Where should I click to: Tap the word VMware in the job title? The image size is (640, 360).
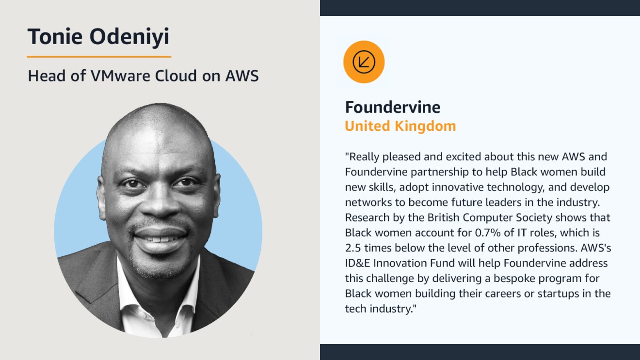point(120,76)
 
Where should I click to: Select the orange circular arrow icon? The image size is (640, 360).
point(364,62)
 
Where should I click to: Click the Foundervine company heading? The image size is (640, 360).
point(393,108)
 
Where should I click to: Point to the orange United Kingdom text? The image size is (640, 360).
point(400,126)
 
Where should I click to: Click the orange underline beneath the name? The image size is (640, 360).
point(99,57)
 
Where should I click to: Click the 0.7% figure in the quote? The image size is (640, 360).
point(487,233)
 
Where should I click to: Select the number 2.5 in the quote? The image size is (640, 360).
point(353,248)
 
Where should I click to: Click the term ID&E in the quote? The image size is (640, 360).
point(357,263)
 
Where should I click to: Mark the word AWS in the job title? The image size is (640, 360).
point(242,76)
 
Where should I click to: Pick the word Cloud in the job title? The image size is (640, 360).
point(176,76)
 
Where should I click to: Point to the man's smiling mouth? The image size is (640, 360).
point(160,239)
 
